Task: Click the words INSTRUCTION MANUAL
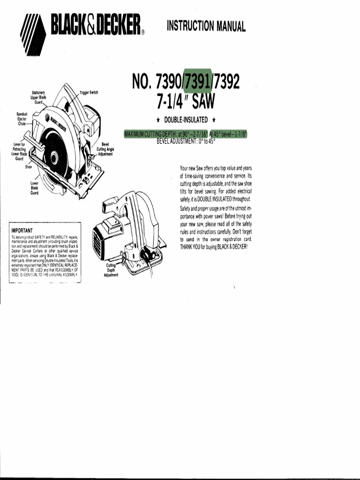pyautogui.click(x=206, y=25)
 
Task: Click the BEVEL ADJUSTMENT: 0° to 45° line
pyautogui.click(x=186, y=141)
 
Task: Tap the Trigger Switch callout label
pyautogui.click(x=89, y=93)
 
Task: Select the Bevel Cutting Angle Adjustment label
pyautogui.click(x=105, y=149)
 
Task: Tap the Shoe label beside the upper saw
pyautogui.click(x=28, y=167)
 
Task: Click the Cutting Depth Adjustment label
pyautogui.click(x=112, y=270)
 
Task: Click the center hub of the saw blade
pyautogui.click(x=55, y=158)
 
